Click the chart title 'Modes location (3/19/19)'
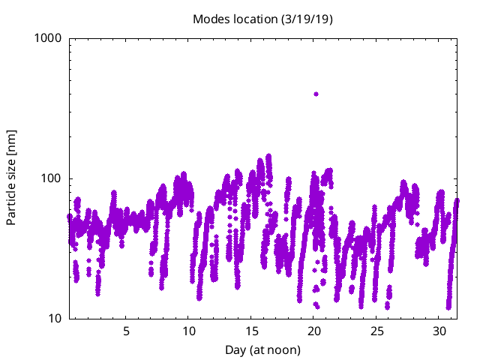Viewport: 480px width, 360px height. [262, 19]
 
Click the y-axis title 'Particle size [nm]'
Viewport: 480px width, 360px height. [11, 178]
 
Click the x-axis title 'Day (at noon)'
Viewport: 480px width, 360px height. [262, 349]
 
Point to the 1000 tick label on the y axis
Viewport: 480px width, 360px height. [49, 37]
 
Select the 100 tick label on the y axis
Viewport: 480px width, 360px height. [52, 178]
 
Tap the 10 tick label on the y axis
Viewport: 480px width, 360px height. [55, 319]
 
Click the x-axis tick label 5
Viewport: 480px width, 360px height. [126, 331]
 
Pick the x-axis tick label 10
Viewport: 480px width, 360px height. [188, 331]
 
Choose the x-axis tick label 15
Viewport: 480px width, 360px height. [251, 331]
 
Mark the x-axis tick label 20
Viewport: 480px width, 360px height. [313, 331]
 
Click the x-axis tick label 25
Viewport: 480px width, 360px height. [376, 331]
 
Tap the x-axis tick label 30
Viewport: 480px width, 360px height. [439, 331]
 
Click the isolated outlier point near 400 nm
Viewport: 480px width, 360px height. [316, 94]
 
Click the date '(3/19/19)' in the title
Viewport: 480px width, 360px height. [307, 19]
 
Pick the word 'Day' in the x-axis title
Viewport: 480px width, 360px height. [235, 349]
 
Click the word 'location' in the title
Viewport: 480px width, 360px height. [253, 19]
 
